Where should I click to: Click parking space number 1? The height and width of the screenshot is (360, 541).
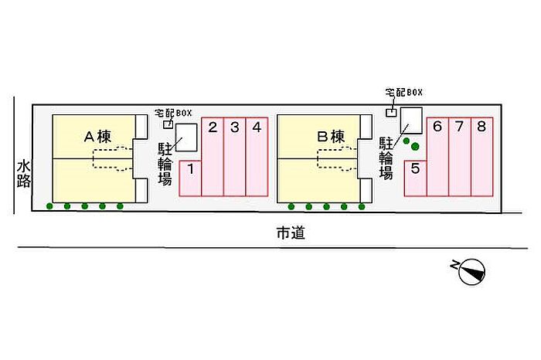coord(190,178)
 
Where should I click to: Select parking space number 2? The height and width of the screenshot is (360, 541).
coord(213,157)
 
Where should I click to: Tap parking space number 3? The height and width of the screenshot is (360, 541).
coord(235,157)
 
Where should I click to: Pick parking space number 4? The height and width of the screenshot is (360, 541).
coord(257,157)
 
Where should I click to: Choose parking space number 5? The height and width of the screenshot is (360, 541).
coord(416,178)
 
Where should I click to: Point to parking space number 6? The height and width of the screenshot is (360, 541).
coord(438,157)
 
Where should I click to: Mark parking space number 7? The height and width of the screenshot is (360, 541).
coord(460,157)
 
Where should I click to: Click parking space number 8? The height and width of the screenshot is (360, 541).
coord(482,157)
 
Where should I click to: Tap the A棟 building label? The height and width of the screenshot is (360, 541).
coord(97,137)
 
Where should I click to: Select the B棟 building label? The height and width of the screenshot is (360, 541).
coord(331,137)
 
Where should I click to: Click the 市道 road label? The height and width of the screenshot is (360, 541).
coord(291,233)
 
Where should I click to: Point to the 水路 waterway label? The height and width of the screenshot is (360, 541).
coord(24,174)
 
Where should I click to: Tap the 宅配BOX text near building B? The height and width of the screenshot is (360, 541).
coord(403,93)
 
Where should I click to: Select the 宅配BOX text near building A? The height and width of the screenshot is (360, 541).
coord(173,113)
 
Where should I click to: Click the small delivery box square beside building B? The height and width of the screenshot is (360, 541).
coord(391,113)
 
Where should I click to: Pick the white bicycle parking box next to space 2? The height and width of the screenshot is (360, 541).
coord(186,138)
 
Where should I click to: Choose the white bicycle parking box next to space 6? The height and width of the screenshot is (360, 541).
coord(411,121)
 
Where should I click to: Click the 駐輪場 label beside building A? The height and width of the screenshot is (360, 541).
coord(165,164)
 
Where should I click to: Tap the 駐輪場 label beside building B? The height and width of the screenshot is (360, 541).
coord(386,158)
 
